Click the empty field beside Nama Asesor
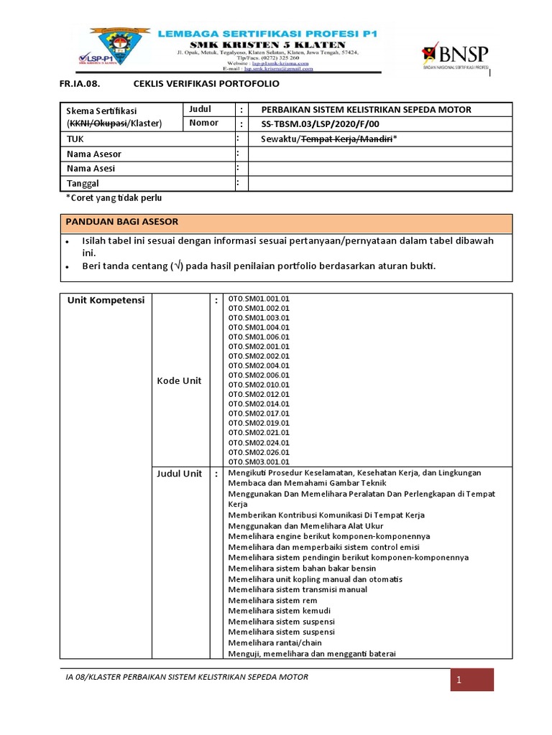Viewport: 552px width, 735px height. pos(379,154)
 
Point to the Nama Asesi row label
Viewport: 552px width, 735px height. pos(91,169)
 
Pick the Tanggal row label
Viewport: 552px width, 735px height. pos(84,183)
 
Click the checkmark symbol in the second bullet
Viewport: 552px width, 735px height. pos(175,266)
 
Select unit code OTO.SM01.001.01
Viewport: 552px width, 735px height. pos(259,298)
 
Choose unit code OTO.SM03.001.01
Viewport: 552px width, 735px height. pos(259,462)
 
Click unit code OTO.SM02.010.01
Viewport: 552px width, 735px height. pos(259,385)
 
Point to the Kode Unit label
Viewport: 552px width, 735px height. pos(179,380)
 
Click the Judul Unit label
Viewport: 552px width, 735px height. pos(180,474)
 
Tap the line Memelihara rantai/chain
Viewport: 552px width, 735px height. pos(275,642)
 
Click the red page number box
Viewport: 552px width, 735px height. pos(473,680)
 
